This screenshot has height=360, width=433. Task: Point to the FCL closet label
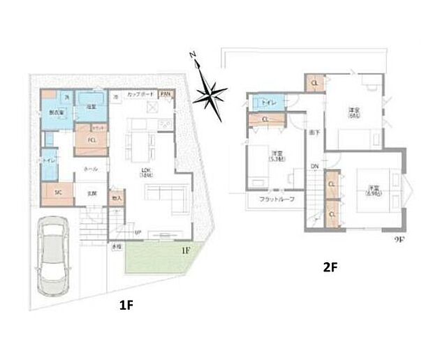coord(91,139)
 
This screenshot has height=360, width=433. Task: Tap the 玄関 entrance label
coord(91,193)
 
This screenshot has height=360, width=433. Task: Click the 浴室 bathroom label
coord(90,106)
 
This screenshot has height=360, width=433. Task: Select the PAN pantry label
coord(166,93)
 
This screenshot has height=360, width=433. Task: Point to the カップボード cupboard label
coord(140,93)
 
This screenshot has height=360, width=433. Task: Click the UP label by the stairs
coord(138,232)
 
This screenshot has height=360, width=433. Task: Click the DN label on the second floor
coord(314,166)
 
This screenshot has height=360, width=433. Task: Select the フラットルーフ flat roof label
coord(276,200)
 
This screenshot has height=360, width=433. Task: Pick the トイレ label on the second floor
coord(269,103)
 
